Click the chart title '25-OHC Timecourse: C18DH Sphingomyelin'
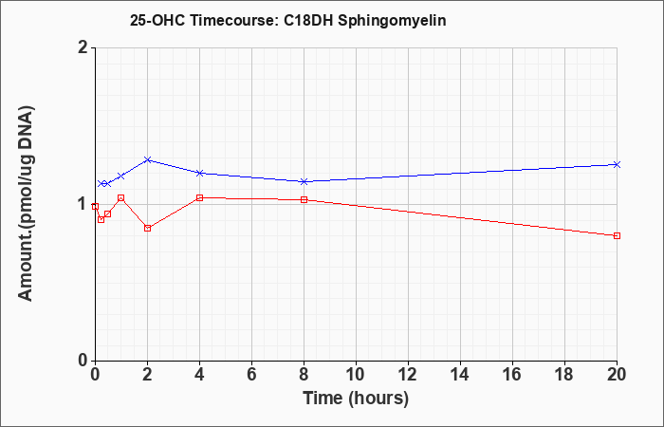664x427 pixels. coord(288,21)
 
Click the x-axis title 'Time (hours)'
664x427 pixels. coord(356,399)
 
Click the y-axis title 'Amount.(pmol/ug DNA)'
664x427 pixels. coord(27,204)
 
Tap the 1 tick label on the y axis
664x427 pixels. coord(83,204)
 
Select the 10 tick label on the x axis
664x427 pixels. coord(356,375)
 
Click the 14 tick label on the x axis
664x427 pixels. coord(460,375)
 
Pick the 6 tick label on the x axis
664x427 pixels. coord(252,375)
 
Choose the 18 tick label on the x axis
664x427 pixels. coord(564,375)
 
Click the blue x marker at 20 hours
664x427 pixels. coord(617,164)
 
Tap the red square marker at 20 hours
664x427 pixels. coord(617,235)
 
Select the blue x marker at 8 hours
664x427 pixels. coord(304,182)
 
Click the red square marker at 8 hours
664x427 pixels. coord(304,199)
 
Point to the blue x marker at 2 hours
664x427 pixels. coord(147,159)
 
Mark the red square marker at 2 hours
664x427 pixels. coord(147,228)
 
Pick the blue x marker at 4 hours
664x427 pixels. coord(200,173)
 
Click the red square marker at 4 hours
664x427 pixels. coord(200,197)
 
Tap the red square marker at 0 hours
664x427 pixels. coord(95,206)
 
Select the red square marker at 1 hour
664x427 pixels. coord(121,197)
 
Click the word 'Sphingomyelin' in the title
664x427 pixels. coord(392,21)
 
